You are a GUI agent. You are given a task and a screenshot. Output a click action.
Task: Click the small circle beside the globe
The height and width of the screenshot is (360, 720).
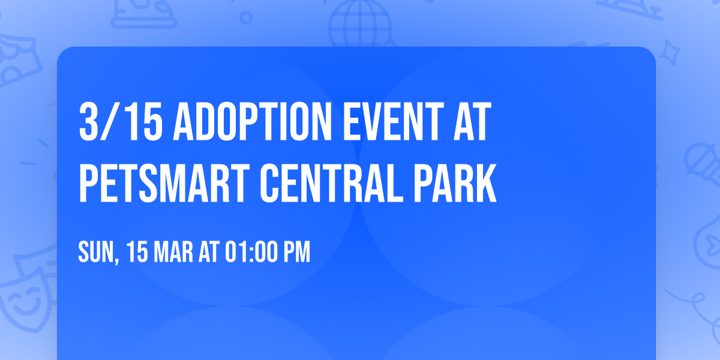[x=246, y=19]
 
